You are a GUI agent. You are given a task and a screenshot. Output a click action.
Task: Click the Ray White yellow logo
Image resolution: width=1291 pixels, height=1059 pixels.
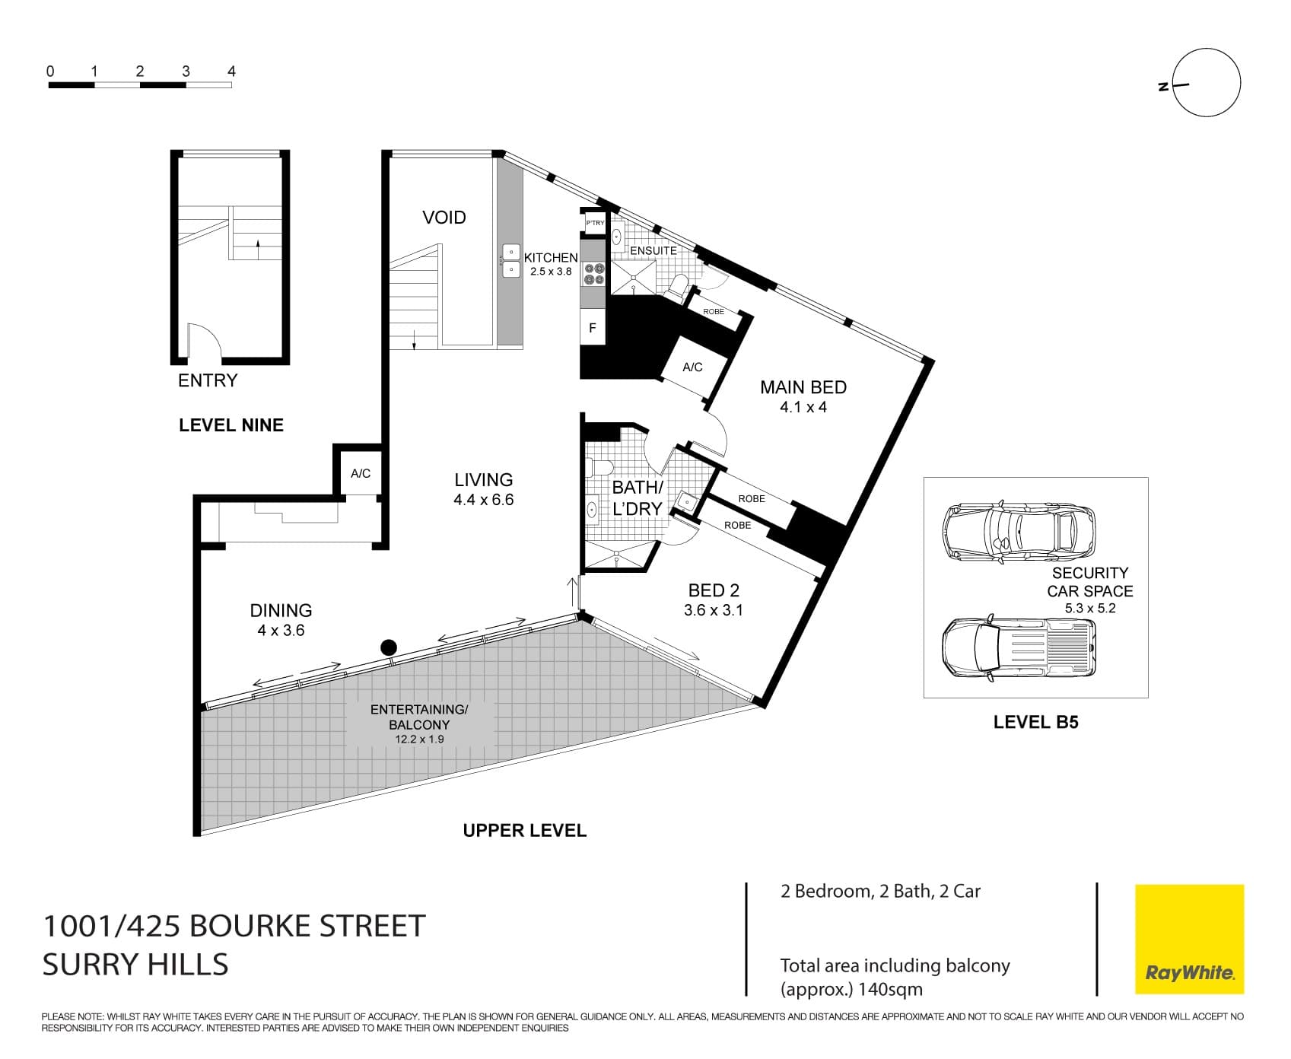(1189, 939)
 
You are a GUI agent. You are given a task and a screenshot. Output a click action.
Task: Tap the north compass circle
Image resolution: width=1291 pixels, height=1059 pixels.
(1207, 83)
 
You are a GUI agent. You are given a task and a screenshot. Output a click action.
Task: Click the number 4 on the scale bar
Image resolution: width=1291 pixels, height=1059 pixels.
(231, 72)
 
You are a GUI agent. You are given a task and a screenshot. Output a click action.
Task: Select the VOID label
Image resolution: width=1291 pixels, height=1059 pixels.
(444, 218)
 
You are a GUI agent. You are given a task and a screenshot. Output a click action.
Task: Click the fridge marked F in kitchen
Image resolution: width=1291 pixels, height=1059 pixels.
(593, 329)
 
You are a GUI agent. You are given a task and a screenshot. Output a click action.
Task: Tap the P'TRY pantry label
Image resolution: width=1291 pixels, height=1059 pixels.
(595, 223)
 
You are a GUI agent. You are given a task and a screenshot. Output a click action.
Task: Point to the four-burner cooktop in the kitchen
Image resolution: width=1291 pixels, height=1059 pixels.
(594, 275)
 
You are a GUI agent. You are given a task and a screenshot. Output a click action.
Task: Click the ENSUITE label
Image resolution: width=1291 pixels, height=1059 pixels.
(653, 250)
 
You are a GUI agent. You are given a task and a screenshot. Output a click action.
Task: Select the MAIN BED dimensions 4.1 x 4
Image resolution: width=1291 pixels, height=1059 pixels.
(803, 407)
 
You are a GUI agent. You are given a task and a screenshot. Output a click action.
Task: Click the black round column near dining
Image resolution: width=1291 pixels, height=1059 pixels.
(389, 648)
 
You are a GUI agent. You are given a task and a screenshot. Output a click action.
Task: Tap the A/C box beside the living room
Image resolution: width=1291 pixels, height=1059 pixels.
(361, 473)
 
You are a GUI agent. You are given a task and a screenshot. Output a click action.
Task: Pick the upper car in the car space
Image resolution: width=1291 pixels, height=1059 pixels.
(1019, 530)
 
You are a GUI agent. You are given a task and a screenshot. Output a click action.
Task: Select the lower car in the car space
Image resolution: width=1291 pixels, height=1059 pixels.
(1019, 646)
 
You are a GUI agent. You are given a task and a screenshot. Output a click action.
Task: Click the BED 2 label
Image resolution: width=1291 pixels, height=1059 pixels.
(713, 590)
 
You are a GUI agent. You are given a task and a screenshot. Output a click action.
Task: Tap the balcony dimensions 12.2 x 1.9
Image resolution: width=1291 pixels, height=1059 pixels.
(418, 739)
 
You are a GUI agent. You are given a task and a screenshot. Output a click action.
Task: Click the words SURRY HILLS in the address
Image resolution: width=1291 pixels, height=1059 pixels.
(135, 965)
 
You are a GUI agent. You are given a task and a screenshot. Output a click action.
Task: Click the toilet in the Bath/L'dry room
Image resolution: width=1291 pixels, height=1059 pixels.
(599, 468)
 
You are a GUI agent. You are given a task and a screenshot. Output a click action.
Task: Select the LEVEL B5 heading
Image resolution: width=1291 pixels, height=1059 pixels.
(1035, 722)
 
